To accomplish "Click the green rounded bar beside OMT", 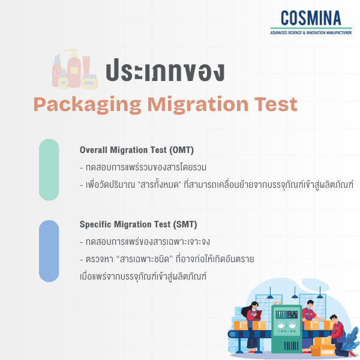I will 49,170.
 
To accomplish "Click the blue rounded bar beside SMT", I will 49,251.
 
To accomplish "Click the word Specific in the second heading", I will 97,224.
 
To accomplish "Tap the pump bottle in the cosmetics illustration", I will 74,66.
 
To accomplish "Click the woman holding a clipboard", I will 252,327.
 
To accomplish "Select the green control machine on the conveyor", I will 284,327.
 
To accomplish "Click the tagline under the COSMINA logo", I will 311,32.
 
